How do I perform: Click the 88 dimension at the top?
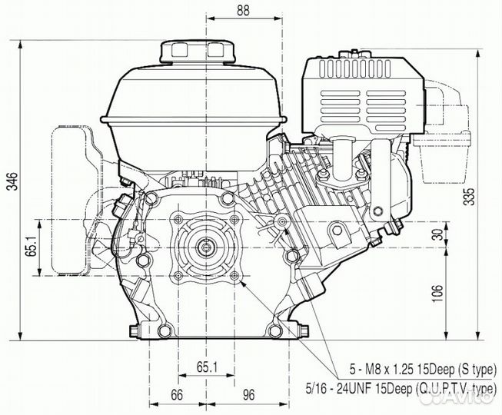pos(243,10)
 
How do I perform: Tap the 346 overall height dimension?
pos(13,181)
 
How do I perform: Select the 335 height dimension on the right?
pos(470,196)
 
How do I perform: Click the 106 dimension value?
pos(437,293)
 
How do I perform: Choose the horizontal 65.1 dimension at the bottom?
pos(207,367)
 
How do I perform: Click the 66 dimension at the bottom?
pos(176,395)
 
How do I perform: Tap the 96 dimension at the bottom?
pos(248,395)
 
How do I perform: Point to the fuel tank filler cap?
pos(198,51)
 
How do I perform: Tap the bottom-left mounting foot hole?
pos(165,331)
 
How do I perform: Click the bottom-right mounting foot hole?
pos(274,331)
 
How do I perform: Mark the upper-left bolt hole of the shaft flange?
pos(178,219)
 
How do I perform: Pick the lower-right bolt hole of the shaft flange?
pos(234,275)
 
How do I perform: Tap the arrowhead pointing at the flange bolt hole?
pos(244,283)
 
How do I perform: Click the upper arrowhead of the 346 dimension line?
pos(21,45)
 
